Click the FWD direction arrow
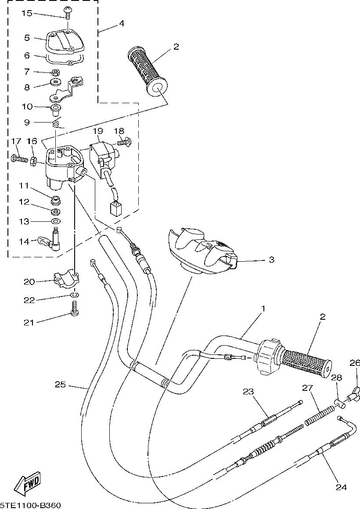click(x=27, y=484)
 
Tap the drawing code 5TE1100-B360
click(x=30, y=505)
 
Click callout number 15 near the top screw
click(x=27, y=14)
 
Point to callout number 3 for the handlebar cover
click(x=271, y=260)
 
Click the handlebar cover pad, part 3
click(x=202, y=250)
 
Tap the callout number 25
click(x=60, y=385)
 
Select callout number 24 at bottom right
click(x=341, y=487)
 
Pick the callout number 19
click(x=97, y=131)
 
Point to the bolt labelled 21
click(x=75, y=309)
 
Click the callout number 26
click(x=355, y=363)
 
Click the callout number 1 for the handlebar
click(x=263, y=309)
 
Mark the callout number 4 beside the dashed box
click(x=121, y=24)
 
